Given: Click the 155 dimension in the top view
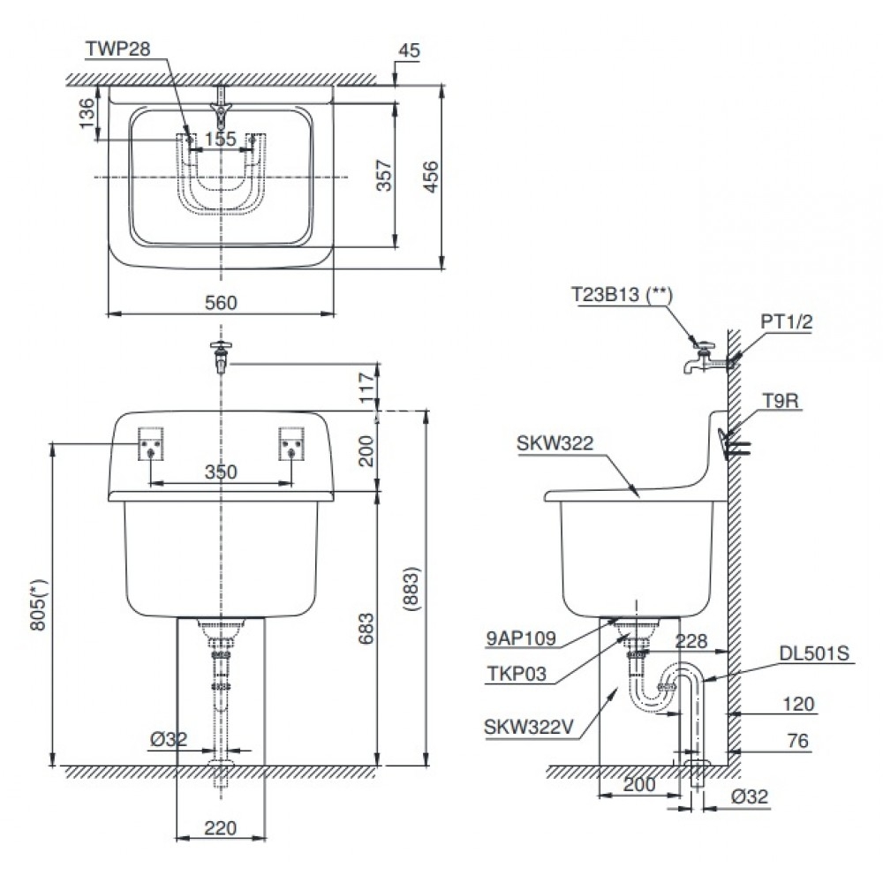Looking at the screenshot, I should (x=220, y=139).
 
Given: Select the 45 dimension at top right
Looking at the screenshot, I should (x=409, y=51).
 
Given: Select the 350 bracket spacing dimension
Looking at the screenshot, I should (x=220, y=472).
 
